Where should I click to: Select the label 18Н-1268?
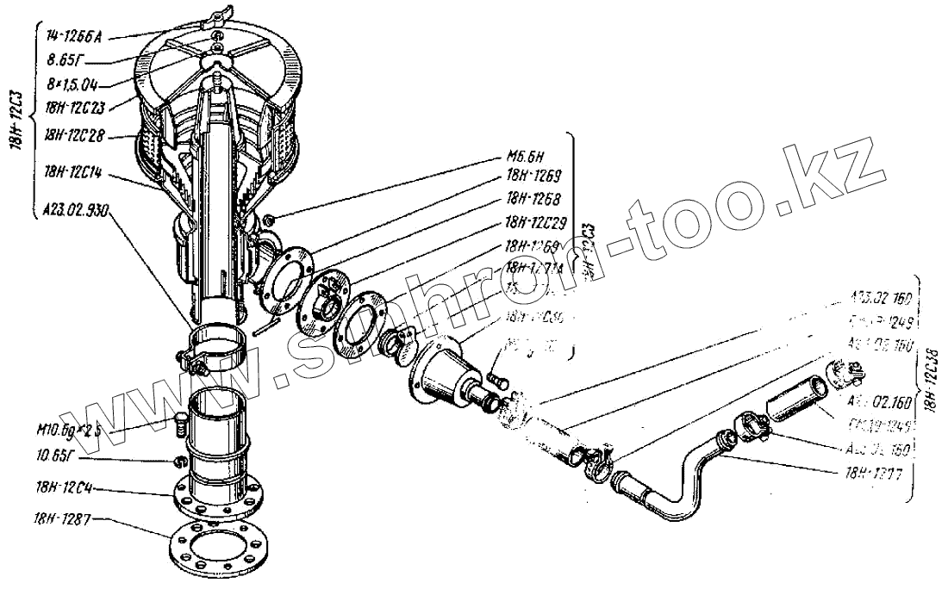[x=534, y=196]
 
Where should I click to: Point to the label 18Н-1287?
[x=65, y=519]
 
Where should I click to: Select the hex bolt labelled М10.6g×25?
[x=181, y=419]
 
